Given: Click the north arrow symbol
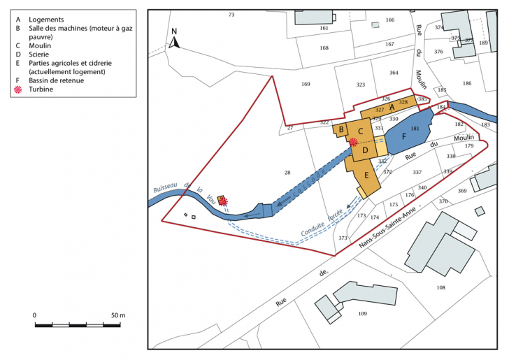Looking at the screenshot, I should (x=175, y=39).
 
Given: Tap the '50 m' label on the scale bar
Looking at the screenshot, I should (x=117, y=316).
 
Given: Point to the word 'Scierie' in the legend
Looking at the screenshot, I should (x=40, y=52).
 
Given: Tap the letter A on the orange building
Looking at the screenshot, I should (x=392, y=107).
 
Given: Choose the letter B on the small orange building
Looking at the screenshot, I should (x=341, y=129).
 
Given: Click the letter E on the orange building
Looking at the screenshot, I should (x=366, y=175).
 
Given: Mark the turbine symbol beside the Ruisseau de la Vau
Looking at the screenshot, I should (x=224, y=203).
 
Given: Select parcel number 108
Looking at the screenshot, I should (x=440, y=287).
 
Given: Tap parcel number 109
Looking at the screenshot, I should (x=362, y=314).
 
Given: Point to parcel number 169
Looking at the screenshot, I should (x=306, y=85).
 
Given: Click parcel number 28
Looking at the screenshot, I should (x=287, y=173).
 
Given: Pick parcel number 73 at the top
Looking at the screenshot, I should (x=231, y=15).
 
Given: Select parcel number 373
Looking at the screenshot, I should (x=343, y=238).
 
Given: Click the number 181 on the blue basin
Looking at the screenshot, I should (x=415, y=129).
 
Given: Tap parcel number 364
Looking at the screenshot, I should (x=394, y=73).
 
